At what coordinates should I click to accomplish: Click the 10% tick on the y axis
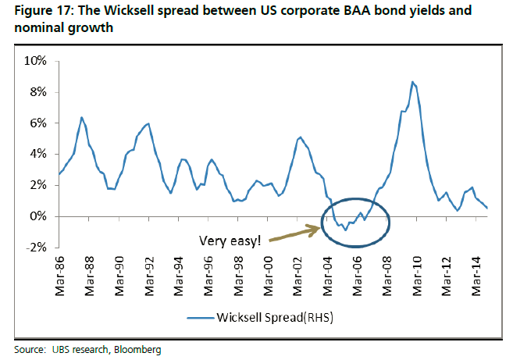coord(36,61)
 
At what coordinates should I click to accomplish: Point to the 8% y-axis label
coord(38,92)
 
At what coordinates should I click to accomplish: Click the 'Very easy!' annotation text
coord(230,241)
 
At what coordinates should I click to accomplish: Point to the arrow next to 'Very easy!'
coord(297,233)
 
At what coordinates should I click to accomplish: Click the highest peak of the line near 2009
coord(412,81)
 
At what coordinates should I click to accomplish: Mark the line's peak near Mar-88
coord(82,117)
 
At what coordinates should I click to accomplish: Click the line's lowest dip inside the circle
coord(345,230)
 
